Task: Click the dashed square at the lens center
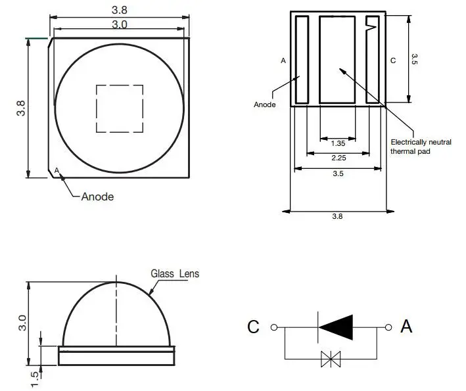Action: tap(120, 108)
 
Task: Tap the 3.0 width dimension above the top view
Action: tap(120, 24)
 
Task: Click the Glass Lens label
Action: tap(175, 273)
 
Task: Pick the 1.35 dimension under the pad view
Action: tap(338, 143)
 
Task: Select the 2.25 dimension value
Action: tap(338, 158)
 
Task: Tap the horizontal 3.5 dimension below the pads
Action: tap(338, 173)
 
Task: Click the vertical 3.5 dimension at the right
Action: tap(414, 58)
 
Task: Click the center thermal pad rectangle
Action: tap(338, 60)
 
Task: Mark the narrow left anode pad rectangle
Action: tap(302, 60)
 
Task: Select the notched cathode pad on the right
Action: tap(373, 60)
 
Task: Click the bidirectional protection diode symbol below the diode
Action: tap(330, 358)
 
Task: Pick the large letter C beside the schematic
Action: tap(254, 327)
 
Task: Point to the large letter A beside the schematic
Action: tap(406, 326)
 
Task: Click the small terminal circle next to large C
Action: tap(274, 327)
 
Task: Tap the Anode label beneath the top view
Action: tap(97, 196)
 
